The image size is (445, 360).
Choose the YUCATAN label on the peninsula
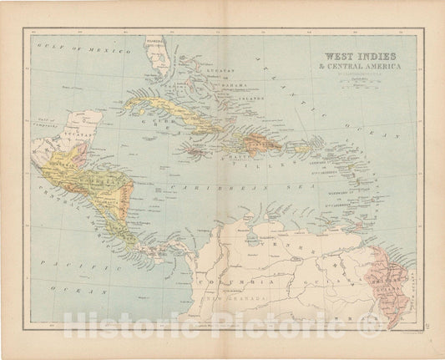[x=57, y=134]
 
